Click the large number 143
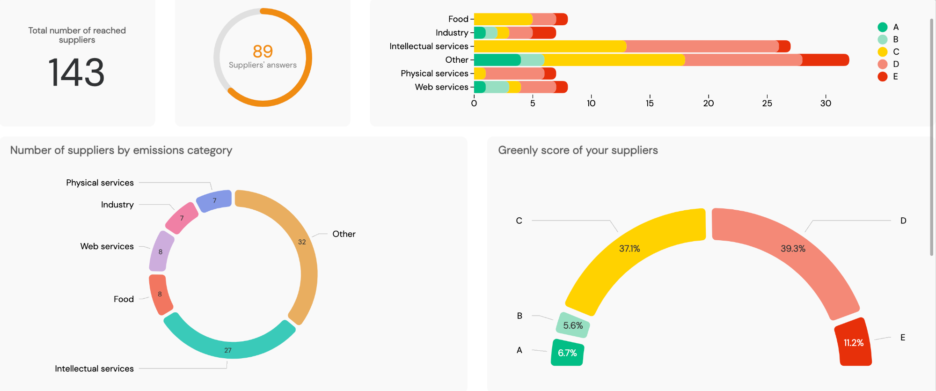pos(76,73)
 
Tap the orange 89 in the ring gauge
pos(263,51)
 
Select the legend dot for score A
pos(883,27)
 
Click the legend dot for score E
pos(883,77)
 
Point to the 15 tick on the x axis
pos(650,103)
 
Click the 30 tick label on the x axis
pos(826,103)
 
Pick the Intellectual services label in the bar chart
pos(429,46)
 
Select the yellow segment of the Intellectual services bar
pos(550,46)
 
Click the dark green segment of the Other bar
pos(497,60)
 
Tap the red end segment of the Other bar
pos(825,60)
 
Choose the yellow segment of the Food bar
pos(503,19)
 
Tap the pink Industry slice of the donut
pos(182,218)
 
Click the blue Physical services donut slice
pos(214,200)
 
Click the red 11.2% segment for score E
pos(854,343)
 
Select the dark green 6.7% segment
pos(567,353)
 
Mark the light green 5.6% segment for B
pos(573,325)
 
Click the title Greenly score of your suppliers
pos(578,150)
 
